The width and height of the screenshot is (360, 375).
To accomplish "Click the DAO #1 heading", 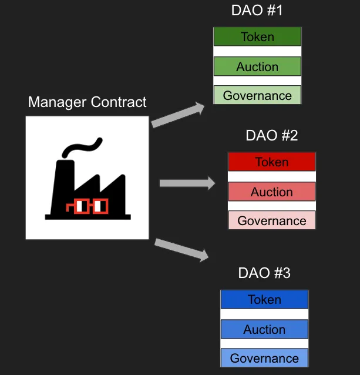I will (258, 11).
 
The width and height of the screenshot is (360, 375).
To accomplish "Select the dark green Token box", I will (257, 36).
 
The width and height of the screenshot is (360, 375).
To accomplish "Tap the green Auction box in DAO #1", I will (257, 66).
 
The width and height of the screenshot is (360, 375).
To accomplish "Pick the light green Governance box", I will (257, 95).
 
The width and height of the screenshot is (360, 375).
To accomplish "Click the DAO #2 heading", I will (272, 136).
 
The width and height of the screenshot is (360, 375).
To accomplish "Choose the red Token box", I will (272, 162).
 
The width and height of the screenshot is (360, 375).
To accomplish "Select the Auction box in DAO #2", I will (272, 192).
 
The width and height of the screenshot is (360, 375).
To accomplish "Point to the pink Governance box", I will (272, 220).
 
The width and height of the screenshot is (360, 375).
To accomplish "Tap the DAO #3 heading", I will (264, 273).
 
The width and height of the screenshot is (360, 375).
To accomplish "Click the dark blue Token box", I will (264, 299).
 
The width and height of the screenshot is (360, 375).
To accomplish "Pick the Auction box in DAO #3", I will (264, 329).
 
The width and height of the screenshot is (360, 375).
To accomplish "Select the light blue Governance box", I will (264, 358).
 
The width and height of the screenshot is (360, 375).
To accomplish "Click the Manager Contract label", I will (88, 102).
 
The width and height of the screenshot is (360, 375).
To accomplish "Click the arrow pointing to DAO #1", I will (178, 114).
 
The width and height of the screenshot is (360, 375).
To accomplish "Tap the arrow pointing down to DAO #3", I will (181, 249).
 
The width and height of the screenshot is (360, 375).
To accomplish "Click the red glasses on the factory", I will (88, 206).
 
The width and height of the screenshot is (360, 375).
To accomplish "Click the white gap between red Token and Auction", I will (272, 176).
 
